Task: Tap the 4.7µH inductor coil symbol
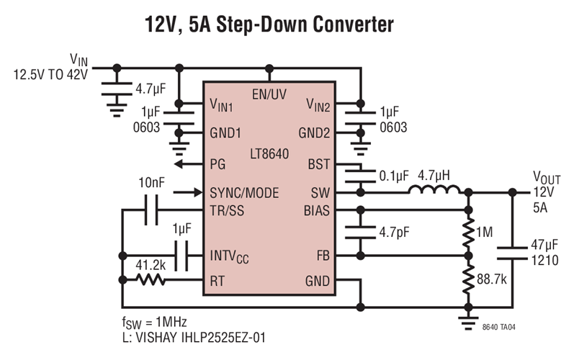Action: [435, 192]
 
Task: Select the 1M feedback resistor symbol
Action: [469, 233]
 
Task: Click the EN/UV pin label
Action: [269, 94]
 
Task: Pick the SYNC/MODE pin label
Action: [244, 193]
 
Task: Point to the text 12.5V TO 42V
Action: [49, 74]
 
